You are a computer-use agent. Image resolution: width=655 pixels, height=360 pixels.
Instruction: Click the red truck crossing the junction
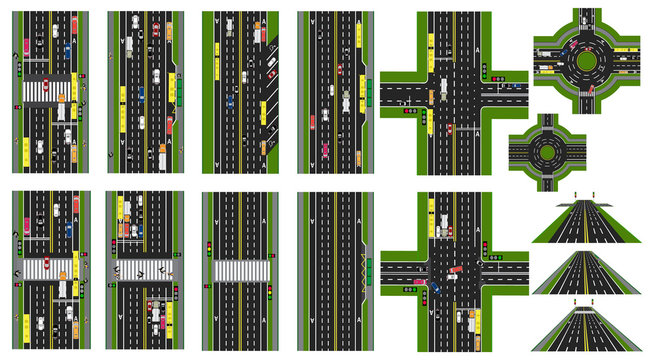tap(456, 268)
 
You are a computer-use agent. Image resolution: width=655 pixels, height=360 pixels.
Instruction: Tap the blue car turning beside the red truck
tap(436, 288)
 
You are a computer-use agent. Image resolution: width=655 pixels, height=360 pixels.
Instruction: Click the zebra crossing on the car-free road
tap(240, 270)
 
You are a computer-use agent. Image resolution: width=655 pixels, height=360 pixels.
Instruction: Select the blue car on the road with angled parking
tap(231, 99)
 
